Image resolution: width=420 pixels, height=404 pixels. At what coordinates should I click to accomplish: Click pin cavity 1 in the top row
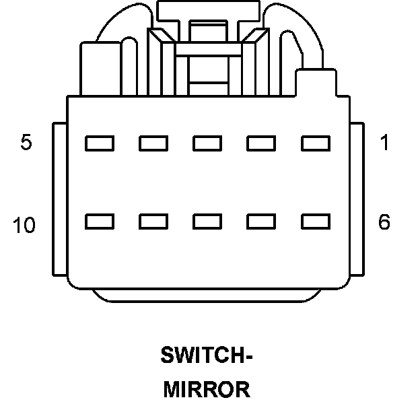pyautogui.click(x=315, y=143)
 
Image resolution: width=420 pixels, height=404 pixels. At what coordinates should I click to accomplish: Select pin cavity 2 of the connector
pyautogui.click(x=261, y=143)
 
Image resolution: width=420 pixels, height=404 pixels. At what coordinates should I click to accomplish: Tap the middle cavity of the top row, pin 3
pyautogui.click(x=207, y=143)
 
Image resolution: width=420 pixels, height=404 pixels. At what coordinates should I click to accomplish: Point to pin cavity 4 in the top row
pyautogui.click(x=153, y=143)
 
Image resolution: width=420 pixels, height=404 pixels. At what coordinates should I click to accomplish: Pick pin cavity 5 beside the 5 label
pyautogui.click(x=100, y=143)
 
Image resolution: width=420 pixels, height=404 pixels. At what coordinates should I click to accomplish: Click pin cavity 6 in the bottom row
pyautogui.click(x=315, y=221)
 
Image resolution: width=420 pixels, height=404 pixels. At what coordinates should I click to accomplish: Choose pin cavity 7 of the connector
pyautogui.click(x=261, y=221)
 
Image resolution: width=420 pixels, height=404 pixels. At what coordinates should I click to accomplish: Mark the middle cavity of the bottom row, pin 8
pyautogui.click(x=207, y=221)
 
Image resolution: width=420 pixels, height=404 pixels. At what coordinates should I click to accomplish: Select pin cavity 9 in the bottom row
pyautogui.click(x=153, y=221)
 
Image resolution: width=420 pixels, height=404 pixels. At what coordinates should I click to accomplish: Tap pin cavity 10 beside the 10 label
pyautogui.click(x=100, y=221)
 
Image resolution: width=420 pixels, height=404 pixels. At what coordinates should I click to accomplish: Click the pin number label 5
pyautogui.click(x=26, y=143)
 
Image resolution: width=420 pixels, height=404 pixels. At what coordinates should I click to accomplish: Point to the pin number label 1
pyautogui.click(x=384, y=143)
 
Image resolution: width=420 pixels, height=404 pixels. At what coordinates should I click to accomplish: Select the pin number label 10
pyautogui.click(x=24, y=226)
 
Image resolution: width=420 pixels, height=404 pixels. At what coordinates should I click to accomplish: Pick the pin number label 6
pyautogui.click(x=384, y=222)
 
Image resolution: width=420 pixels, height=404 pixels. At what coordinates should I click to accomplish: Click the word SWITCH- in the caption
pyautogui.click(x=207, y=355)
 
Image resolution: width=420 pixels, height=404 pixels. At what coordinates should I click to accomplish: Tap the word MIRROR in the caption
pyautogui.click(x=207, y=389)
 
